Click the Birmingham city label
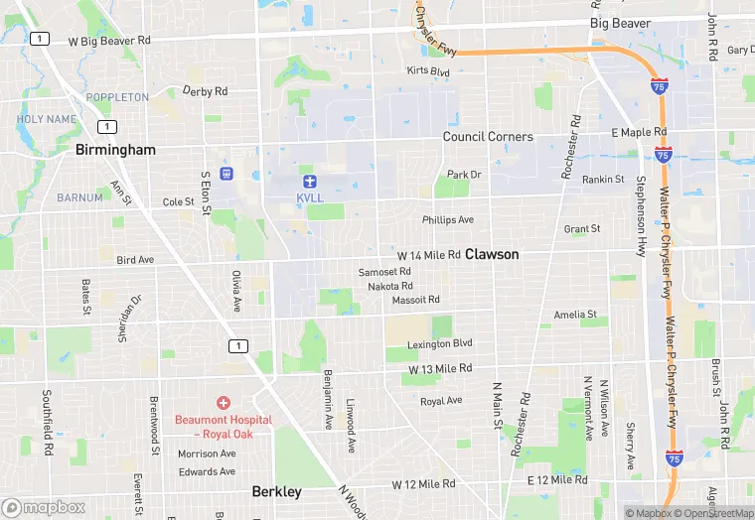pyautogui.click(x=116, y=150)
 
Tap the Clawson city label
pyautogui.click(x=492, y=254)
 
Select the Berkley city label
pyautogui.click(x=277, y=491)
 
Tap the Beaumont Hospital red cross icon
pyautogui.click(x=224, y=403)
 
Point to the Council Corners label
pyautogui.click(x=488, y=137)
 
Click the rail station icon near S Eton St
pyautogui.click(x=227, y=174)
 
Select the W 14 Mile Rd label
pyautogui.click(x=428, y=255)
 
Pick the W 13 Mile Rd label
pyautogui.click(x=439, y=369)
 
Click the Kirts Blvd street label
pyautogui.click(x=428, y=71)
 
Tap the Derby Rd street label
pyautogui.click(x=206, y=91)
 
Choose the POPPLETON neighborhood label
pyautogui.click(x=117, y=97)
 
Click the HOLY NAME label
pyautogui.click(x=46, y=119)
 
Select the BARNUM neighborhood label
pyautogui.click(x=79, y=197)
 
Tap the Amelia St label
pyautogui.click(x=575, y=315)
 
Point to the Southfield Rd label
pyautogui.click(x=47, y=422)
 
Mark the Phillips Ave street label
pyautogui.click(x=448, y=219)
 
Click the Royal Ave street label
pyautogui.click(x=441, y=401)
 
